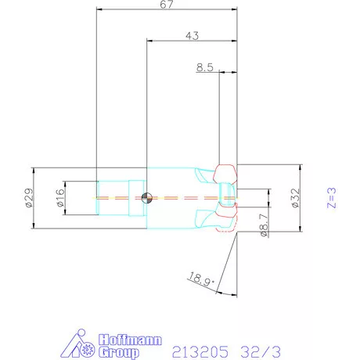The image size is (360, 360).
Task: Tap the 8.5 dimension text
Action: coord(205,68)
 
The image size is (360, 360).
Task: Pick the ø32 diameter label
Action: coord(295,197)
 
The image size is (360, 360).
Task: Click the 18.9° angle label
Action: coord(199,276)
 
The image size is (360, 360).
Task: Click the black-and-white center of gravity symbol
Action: coord(146,197)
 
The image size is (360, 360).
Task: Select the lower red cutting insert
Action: coord(226,221)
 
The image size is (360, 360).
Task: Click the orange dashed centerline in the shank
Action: coord(117,197)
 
